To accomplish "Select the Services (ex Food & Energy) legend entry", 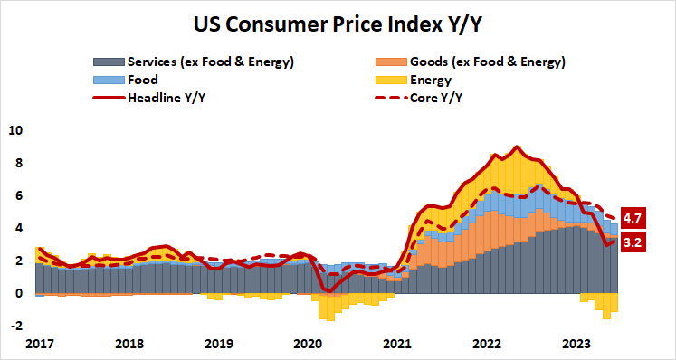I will (211, 62).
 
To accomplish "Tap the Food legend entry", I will (144, 80).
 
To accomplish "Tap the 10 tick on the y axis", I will (14, 130).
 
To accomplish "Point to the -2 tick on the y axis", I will (14, 326).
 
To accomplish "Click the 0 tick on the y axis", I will (16, 293).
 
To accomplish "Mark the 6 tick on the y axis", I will (16, 195).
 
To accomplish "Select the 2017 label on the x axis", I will (41, 344).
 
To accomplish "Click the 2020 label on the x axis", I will (309, 344).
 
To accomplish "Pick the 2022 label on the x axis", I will (487, 344).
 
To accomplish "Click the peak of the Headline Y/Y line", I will (516, 147).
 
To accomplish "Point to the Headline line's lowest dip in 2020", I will (327, 290).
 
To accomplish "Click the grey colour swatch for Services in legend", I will (108, 62).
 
